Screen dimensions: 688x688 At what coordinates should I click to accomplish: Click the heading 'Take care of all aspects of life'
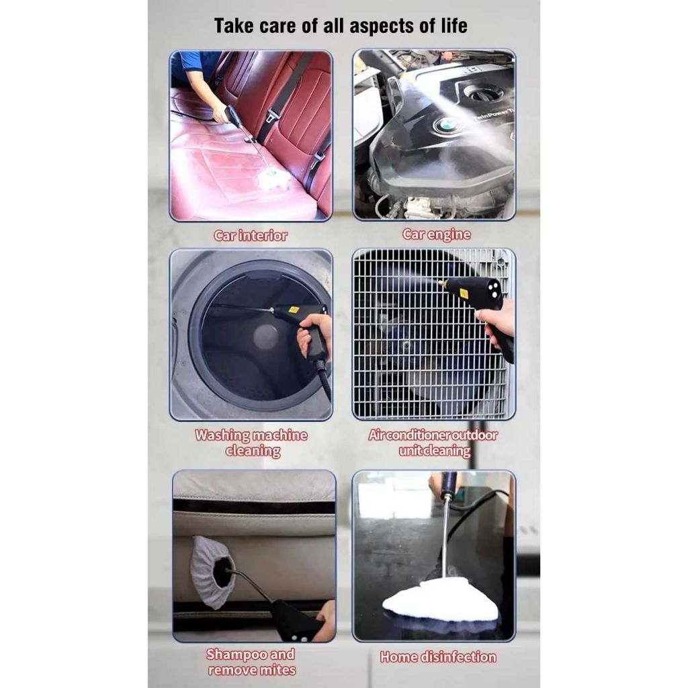(341, 26)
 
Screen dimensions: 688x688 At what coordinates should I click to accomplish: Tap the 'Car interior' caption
(251, 236)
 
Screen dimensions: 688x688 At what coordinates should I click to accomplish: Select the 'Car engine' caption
(436, 234)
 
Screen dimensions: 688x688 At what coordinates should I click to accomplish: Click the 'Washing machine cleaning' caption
(251, 443)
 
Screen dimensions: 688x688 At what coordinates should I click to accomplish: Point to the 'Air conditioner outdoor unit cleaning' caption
(433, 443)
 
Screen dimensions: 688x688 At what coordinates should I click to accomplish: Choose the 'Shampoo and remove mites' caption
(252, 662)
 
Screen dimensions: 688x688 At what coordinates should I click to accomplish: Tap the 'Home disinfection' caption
(438, 657)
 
